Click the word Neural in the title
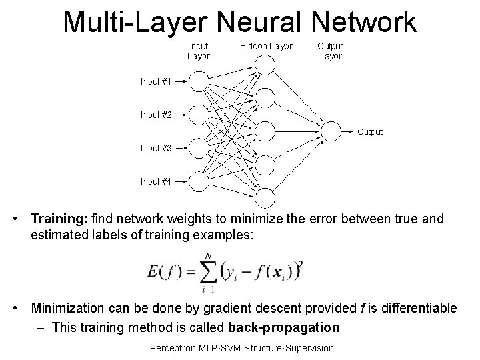point(260,21)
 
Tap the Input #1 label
point(156,81)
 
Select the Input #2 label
point(156,115)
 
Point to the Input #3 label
point(156,147)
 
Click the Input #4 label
point(156,181)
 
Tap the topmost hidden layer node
point(265,65)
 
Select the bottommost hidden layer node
point(265,197)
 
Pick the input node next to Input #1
point(198,81)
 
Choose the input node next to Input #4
point(198,181)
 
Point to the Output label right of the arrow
point(370,132)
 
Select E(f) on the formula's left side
point(163,271)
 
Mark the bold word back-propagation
point(283,328)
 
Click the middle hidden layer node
point(265,131)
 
